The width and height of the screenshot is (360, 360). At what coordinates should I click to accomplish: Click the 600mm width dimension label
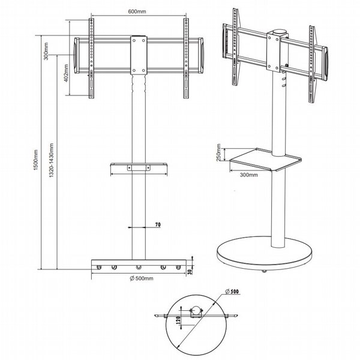pyautogui.click(x=137, y=11)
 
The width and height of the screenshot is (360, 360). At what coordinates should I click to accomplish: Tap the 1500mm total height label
pyautogui.click(x=35, y=160)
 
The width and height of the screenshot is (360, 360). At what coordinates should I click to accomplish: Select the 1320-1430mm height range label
pyautogui.click(x=51, y=160)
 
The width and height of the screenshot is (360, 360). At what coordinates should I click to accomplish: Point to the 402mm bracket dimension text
pyautogui.click(x=67, y=73)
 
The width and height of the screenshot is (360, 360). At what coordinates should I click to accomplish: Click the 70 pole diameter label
pyautogui.click(x=158, y=224)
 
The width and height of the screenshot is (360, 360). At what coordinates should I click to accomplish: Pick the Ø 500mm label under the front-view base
pyautogui.click(x=142, y=278)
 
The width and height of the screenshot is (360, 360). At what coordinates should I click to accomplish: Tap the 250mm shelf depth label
pyautogui.click(x=218, y=152)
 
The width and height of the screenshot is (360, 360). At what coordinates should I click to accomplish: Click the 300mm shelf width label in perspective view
pyautogui.click(x=249, y=175)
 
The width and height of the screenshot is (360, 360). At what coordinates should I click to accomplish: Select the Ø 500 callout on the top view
pyautogui.click(x=232, y=292)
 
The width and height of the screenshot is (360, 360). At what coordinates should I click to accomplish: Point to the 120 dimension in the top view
pyautogui.click(x=178, y=320)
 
